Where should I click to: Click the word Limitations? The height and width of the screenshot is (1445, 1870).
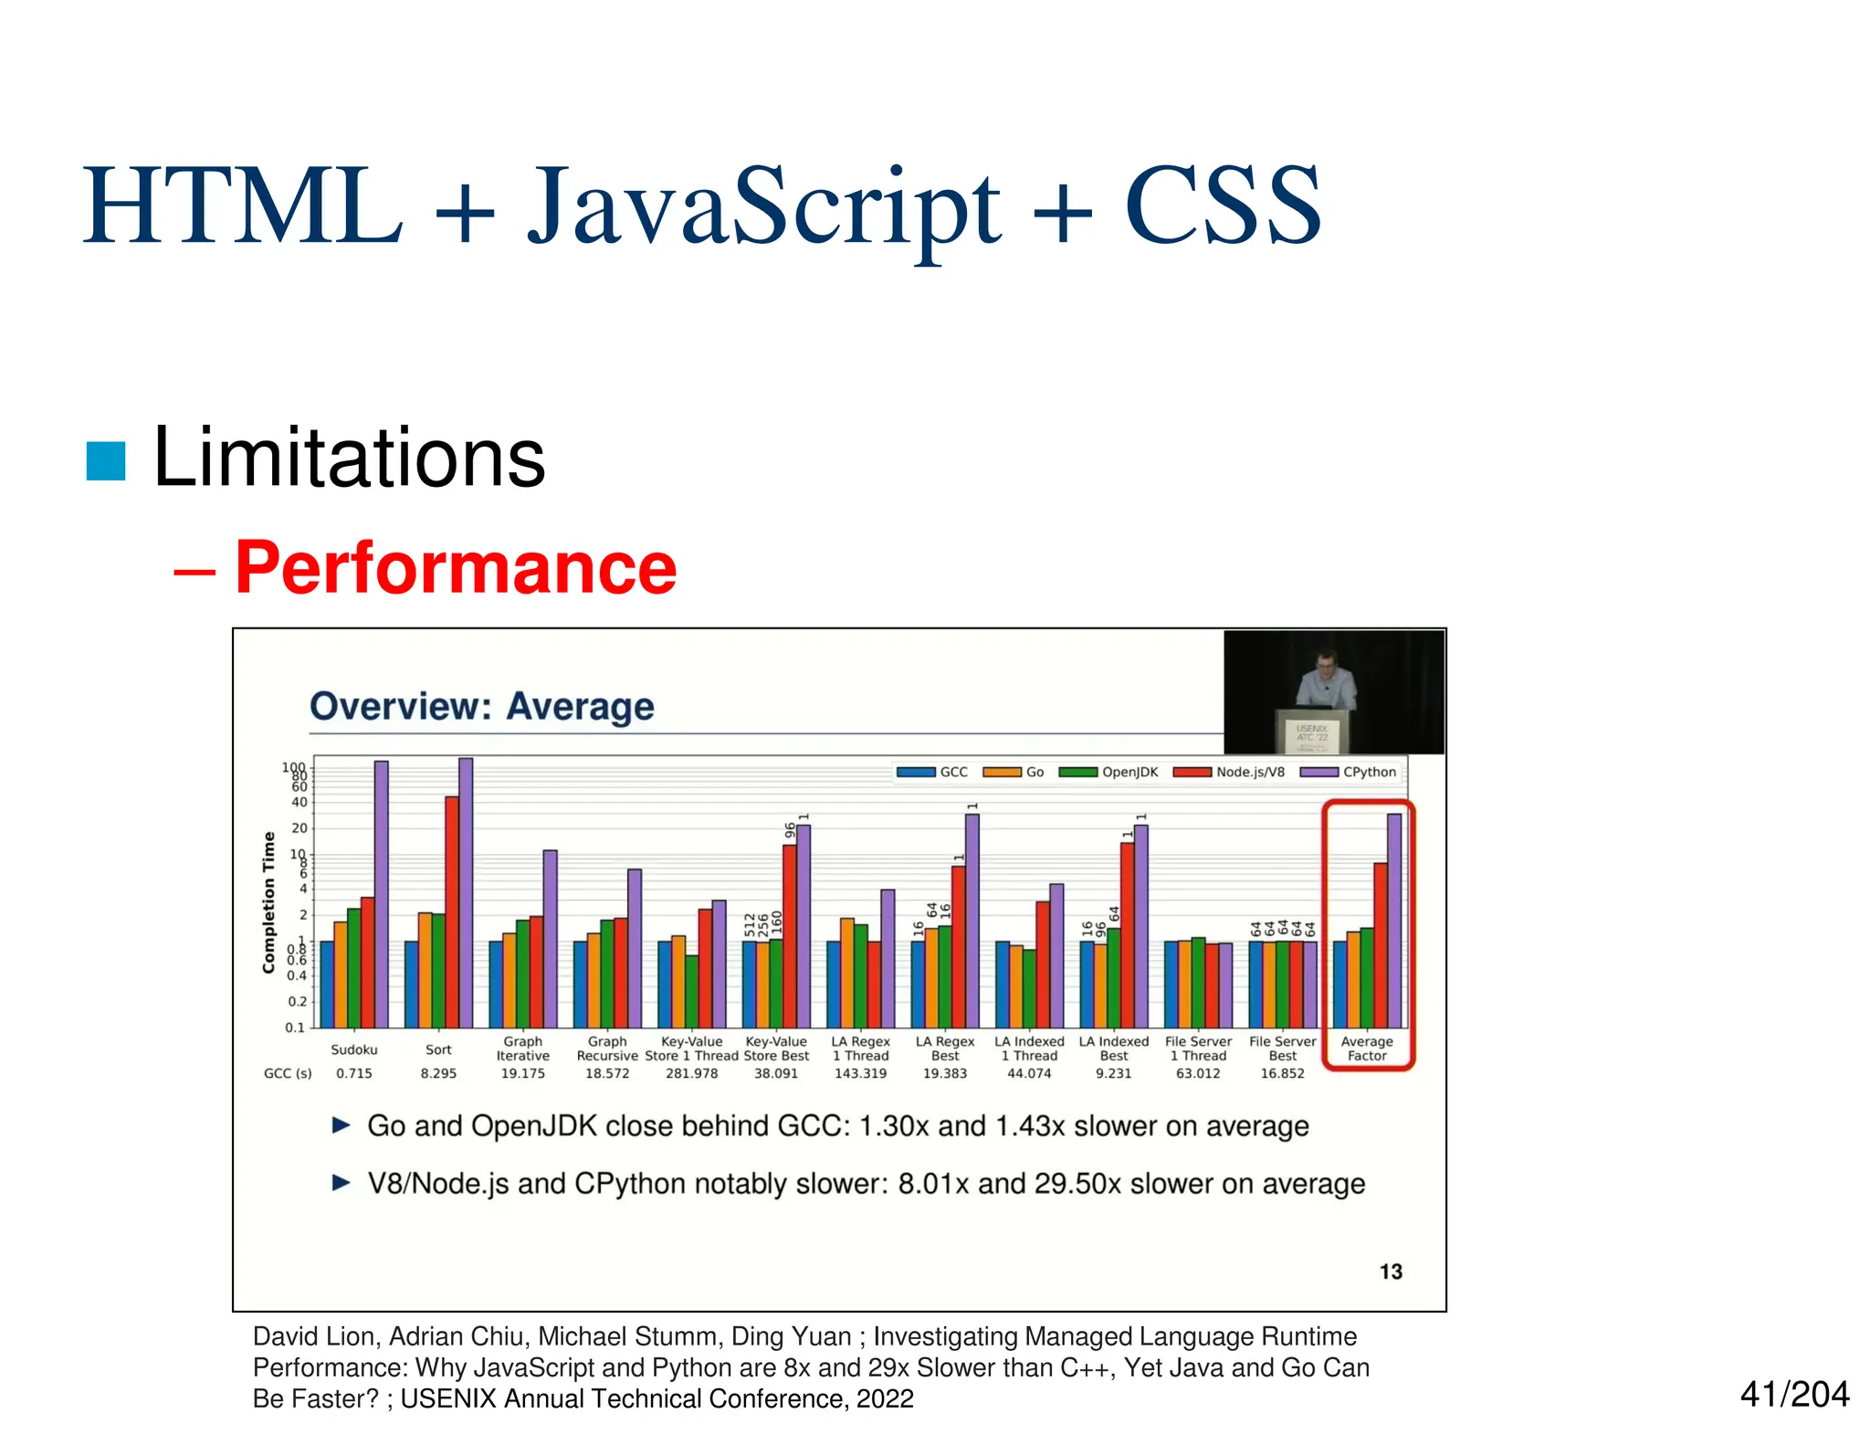point(349,458)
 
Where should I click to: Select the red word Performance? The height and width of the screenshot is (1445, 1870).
point(455,568)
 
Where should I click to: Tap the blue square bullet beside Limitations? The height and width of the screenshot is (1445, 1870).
point(105,460)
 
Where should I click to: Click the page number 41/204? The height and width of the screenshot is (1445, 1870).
point(1793,1394)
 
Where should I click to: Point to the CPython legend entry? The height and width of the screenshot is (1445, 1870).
point(1350,772)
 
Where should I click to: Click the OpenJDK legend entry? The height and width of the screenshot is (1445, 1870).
point(1109,772)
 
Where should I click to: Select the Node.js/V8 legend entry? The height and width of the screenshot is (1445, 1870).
point(1230,772)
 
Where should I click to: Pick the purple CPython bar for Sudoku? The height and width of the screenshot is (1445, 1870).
point(382,895)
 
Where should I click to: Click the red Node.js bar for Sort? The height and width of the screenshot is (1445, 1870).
point(452,913)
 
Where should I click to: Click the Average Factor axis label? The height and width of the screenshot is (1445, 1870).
point(1367,1049)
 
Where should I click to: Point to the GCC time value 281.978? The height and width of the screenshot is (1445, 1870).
point(691,1073)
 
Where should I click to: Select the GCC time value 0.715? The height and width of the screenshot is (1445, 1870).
point(354,1073)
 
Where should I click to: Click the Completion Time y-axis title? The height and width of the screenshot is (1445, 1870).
point(268,902)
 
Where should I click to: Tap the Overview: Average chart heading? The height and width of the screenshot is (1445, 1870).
point(481,707)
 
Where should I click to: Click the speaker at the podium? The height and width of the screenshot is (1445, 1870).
point(1326,680)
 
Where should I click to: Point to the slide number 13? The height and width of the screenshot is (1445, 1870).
point(1391,1271)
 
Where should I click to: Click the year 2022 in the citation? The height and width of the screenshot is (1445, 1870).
point(885,1398)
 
